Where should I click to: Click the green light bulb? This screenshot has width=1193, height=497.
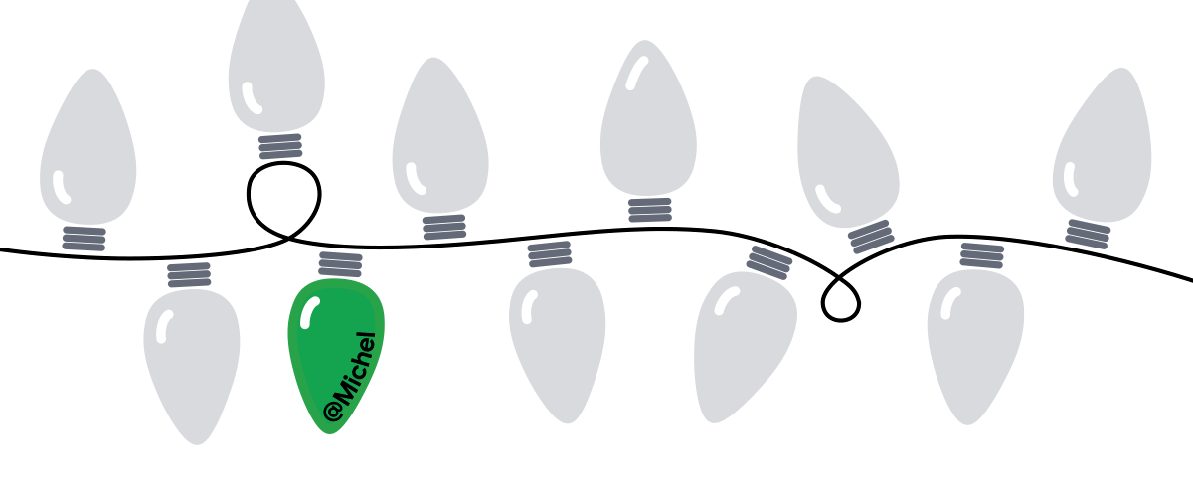point(336,354)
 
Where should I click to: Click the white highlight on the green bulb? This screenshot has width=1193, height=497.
point(309,312)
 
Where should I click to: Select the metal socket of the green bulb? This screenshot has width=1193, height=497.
point(340,264)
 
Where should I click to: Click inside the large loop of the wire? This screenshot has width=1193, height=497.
point(284,197)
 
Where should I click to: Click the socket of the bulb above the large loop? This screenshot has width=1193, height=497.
point(280,146)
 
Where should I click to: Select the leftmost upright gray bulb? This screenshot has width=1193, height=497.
point(87,146)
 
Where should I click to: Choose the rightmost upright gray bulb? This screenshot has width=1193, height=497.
point(1102,145)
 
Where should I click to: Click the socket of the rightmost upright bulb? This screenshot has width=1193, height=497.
point(1088,234)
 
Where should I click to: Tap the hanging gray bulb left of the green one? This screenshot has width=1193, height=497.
point(192,367)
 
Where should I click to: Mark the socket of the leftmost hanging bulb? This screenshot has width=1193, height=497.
point(189,275)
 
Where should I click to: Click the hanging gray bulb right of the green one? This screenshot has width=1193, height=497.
point(557,345)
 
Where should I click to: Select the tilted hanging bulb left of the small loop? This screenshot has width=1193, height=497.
point(745,347)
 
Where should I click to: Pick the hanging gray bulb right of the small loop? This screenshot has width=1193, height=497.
point(975,347)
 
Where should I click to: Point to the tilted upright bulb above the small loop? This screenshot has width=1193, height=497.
point(848,152)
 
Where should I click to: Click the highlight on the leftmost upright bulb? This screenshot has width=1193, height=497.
point(62,187)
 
